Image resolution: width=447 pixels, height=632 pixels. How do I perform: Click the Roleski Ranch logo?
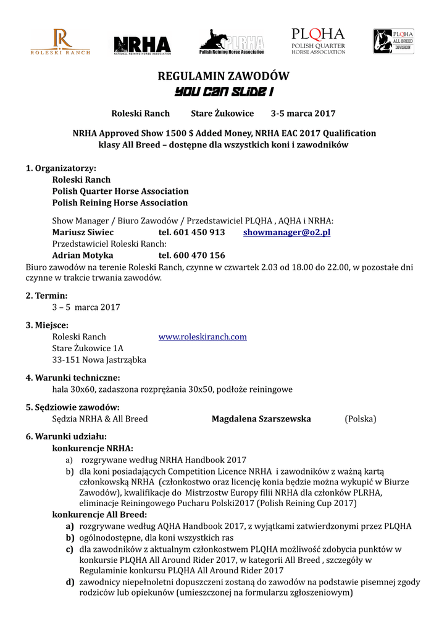pyautogui.click(x=61, y=42)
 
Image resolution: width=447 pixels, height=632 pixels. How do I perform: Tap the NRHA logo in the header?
pyautogui.click(x=143, y=45)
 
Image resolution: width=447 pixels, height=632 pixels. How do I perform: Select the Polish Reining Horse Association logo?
pyautogui.click(x=232, y=42)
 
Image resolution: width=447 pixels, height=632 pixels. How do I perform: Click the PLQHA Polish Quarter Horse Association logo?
pyautogui.click(x=318, y=41)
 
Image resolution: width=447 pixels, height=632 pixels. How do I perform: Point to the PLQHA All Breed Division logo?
pyautogui.click(x=393, y=41)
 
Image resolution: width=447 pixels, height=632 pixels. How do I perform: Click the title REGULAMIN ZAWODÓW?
pyautogui.click(x=223, y=77)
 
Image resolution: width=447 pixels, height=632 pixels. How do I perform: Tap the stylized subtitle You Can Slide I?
pyautogui.click(x=223, y=92)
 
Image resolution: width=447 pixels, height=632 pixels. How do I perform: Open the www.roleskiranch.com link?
pyautogui.click(x=203, y=337)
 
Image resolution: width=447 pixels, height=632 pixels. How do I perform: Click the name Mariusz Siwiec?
pyautogui.click(x=83, y=233)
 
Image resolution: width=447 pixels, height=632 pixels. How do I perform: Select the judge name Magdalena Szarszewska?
pyautogui.click(x=261, y=419)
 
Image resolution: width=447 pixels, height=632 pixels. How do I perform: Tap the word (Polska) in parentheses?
pyautogui.click(x=360, y=419)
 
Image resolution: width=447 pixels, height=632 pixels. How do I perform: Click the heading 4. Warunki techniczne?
pyautogui.click(x=73, y=378)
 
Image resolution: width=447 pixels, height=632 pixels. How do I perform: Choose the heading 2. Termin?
pyautogui.click(x=46, y=296)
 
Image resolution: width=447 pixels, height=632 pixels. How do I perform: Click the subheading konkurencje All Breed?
pyautogui.click(x=100, y=515)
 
